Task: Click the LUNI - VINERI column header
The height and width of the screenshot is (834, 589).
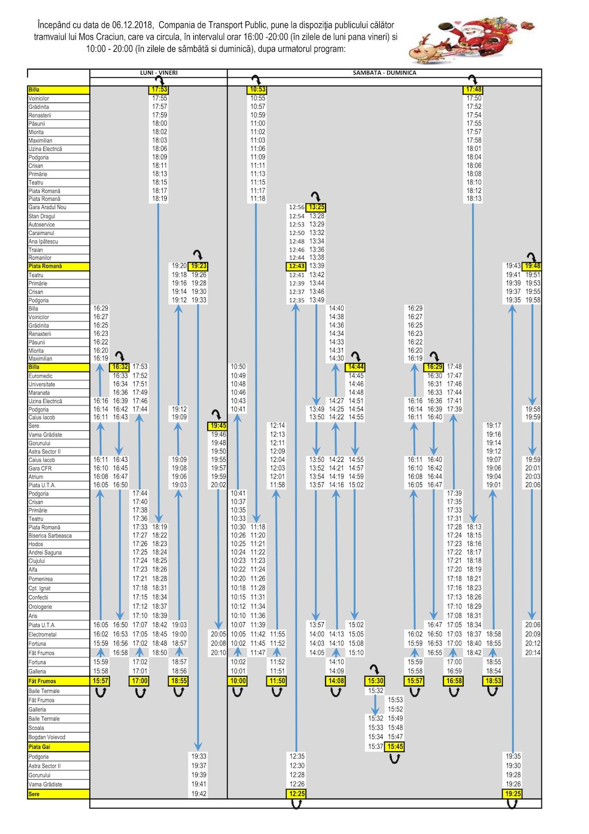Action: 159,73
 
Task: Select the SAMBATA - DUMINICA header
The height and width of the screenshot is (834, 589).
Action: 384,73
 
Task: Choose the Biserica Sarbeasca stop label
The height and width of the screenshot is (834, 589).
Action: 50,536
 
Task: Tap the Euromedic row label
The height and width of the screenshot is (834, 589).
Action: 40,376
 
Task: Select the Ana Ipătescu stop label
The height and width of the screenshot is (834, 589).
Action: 43,241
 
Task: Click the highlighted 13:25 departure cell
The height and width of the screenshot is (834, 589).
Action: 316,207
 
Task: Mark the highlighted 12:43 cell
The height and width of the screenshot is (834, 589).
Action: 297,266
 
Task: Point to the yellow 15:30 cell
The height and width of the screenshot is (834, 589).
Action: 376,681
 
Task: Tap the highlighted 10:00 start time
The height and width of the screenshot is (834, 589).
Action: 238,681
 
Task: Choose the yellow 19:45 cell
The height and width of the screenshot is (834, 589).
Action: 218,426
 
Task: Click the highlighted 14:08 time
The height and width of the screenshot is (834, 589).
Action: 336,681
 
